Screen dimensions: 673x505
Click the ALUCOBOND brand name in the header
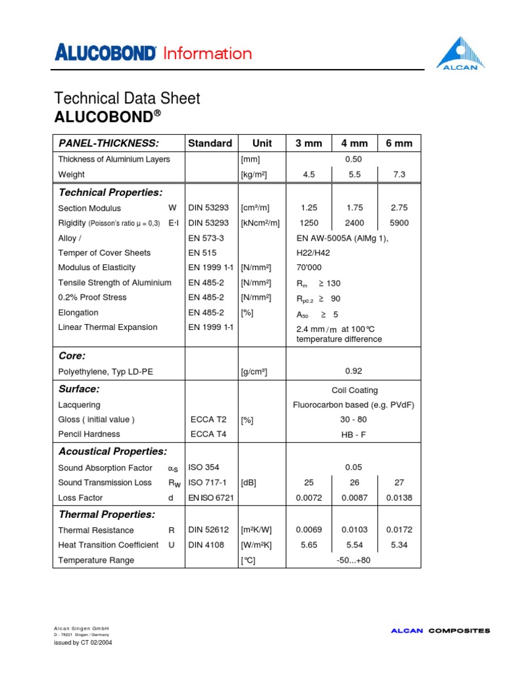coord(106,53)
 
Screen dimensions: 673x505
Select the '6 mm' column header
coord(399,143)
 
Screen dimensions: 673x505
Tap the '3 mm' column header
coord(308,143)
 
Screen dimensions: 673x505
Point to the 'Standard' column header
coord(210,143)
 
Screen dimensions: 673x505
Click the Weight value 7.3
coord(399,175)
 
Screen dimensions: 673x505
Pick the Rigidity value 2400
coord(354,223)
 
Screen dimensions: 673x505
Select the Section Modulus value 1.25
coord(308,208)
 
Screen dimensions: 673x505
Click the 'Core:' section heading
coord(72,356)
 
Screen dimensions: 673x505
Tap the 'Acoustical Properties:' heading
coord(112,452)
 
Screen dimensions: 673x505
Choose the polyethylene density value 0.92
coord(354,371)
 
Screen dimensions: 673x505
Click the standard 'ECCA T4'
coord(208,434)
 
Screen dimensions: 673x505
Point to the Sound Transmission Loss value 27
coord(399,483)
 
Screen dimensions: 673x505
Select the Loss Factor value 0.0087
coord(354,498)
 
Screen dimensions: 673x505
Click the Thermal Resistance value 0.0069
coord(308,530)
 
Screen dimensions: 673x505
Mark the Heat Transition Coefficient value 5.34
coord(399,545)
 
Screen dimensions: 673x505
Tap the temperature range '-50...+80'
coord(354,561)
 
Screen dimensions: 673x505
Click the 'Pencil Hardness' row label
coord(89,434)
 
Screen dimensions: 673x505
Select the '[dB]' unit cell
coord(249,483)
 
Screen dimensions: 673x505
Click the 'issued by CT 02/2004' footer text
coord(83,643)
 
